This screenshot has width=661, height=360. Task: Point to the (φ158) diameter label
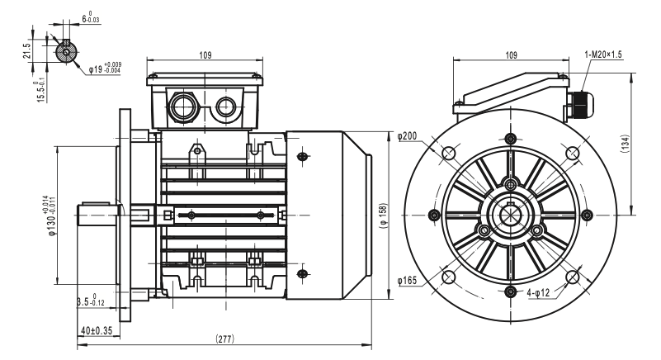coord(382,216)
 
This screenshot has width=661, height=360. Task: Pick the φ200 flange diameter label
coord(408,135)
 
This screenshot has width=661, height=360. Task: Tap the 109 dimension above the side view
coord(205,54)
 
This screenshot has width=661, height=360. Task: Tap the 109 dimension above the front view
coord(510,54)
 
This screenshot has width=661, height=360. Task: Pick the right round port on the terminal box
coord(225,106)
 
